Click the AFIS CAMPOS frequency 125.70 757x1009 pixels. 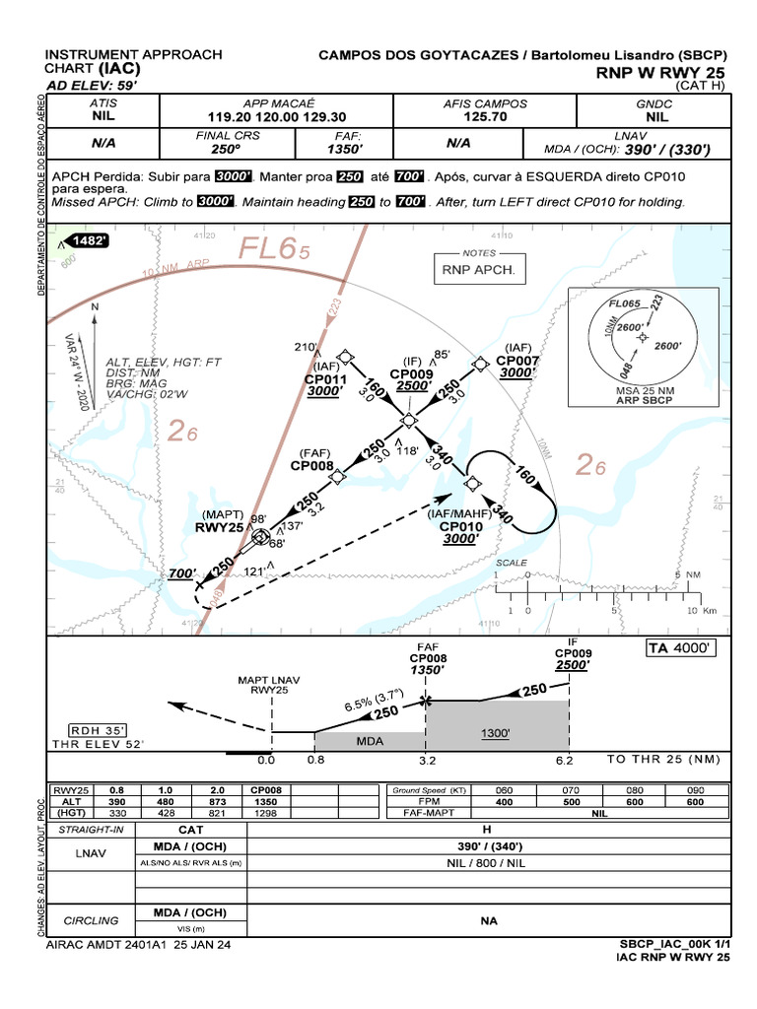click(484, 116)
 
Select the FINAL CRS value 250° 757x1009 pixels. click(225, 149)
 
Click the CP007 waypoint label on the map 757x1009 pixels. click(518, 361)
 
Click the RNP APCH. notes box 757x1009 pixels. click(478, 269)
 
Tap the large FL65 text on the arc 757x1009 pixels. click(271, 251)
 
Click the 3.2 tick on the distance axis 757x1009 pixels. click(425, 761)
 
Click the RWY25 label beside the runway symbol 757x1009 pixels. click(219, 527)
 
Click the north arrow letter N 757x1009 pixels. click(95, 306)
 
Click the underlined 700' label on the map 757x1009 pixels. click(182, 573)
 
